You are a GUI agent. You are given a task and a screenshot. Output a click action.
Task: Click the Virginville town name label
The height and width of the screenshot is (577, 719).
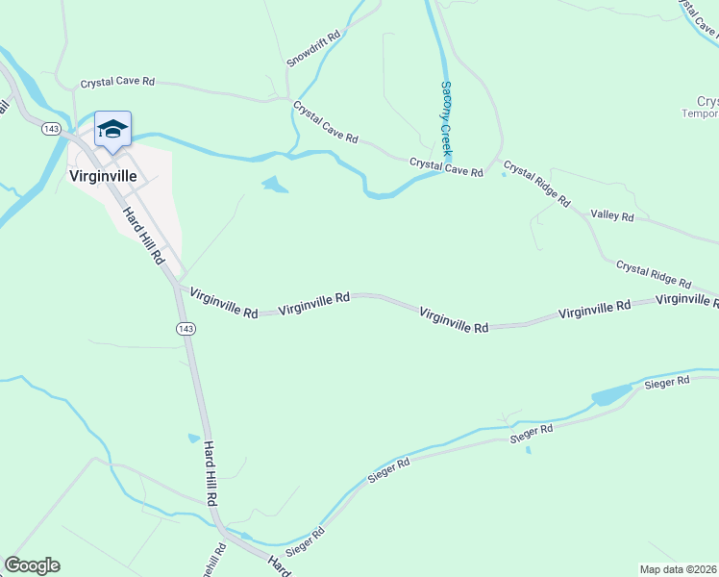pos(109,176)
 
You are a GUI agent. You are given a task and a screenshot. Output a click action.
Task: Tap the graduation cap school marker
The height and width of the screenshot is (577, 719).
pos(112,131)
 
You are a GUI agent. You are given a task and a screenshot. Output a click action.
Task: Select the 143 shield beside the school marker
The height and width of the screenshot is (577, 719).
pos(52,128)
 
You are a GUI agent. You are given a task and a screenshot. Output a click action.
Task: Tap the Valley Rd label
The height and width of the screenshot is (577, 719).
pos(612,216)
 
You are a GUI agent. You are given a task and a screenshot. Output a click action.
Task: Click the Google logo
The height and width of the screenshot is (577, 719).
pos(32,565)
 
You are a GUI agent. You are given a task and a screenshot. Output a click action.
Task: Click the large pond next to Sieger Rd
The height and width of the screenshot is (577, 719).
pos(611,394)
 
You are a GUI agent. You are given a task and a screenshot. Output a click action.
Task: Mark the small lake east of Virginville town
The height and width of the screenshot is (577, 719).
pos(274,184)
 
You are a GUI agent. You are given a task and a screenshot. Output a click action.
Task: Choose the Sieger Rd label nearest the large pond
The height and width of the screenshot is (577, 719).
pos(669,382)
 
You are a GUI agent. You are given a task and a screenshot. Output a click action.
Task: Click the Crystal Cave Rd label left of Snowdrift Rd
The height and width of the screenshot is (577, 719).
pos(117,83)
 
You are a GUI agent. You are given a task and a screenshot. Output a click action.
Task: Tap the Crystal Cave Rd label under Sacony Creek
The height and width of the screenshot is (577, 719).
pos(446,167)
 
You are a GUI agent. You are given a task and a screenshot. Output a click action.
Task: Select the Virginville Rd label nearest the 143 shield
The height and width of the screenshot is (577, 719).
pos(224,303)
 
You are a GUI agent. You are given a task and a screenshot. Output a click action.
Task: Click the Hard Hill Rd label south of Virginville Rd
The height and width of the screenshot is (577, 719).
pos(211,474)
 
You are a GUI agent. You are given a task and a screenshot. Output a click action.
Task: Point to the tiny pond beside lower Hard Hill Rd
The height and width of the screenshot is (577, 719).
pos(194,438)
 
